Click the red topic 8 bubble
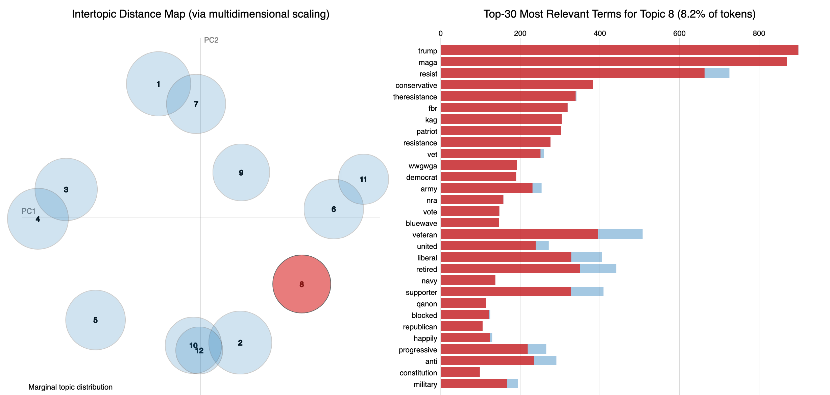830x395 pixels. tap(301, 284)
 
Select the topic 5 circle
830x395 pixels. tap(95, 320)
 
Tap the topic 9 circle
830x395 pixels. tap(241, 172)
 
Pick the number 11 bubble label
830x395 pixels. tap(363, 180)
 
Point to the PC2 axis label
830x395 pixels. tap(211, 40)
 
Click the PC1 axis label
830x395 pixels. tap(28, 211)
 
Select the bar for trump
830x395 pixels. tap(619, 50)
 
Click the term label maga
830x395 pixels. tap(428, 63)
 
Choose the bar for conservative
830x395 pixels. tap(516, 85)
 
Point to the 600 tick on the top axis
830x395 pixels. tap(679, 33)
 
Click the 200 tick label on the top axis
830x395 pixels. tap(520, 33)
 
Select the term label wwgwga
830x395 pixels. tap(422, 166)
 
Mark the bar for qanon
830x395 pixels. tap(463, 303)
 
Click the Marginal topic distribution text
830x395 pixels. tap(70, 387)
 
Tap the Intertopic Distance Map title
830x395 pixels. tap(200, 14)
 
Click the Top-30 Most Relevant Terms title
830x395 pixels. tap(619, 14)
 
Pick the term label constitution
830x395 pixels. tap(418, 373)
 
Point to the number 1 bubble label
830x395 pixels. tap(158, 84)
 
